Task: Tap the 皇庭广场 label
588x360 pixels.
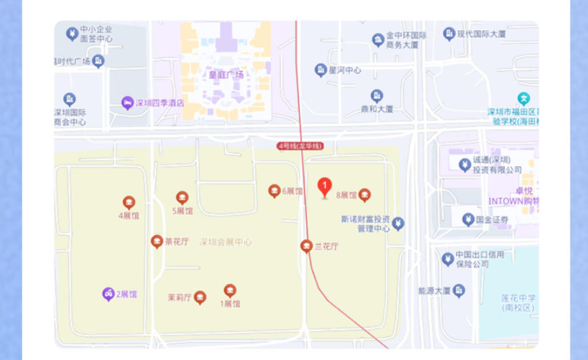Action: tap(225, 74)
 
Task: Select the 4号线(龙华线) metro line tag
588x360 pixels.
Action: tap(300, 146)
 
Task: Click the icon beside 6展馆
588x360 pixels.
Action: tap(274, 191)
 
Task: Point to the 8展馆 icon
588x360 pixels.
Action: tap(365, 195)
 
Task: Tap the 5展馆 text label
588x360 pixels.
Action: tap(182, 211)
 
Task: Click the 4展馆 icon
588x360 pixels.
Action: tap(129, 202)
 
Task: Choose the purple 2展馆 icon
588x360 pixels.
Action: tap(108, 294)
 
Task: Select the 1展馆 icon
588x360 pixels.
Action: tap(230, 290)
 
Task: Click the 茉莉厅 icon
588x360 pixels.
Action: tap(199, 298)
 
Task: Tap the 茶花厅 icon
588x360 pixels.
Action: tap(157, 242)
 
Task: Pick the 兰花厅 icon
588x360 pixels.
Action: tap(307, 246)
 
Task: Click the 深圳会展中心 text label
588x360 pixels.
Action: tap(225, 242)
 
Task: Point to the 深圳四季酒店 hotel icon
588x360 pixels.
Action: tap(127, 103)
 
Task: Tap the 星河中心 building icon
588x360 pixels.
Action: tap(321, 70)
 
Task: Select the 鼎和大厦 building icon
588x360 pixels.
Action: tap(377, 95)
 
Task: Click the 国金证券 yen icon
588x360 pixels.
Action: tap(467, 219)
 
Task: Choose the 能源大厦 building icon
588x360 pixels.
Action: tap(459, 291)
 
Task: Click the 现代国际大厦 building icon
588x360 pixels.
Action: tap(449, 34)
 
